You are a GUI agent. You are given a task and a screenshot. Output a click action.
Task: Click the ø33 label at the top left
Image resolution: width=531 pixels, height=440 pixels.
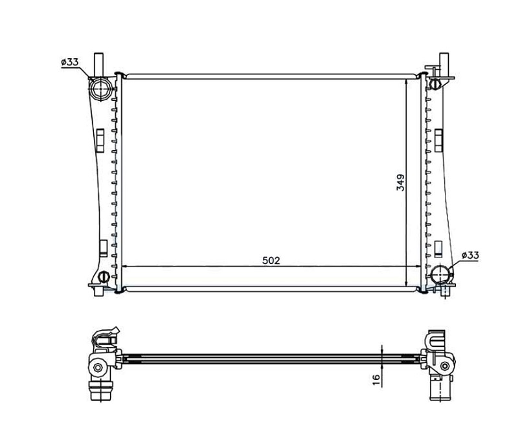tap(70, 62)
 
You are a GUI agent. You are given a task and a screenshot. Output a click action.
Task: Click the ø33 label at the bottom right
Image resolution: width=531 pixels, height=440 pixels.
tap(470, 255)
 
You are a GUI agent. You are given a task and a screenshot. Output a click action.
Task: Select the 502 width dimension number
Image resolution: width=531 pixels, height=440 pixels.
tap(271, 261)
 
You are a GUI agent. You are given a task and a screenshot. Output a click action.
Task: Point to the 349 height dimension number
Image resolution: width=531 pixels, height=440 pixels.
tap(401, 182)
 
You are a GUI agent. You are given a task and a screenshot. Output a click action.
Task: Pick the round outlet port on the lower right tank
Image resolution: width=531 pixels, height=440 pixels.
tap(440, 274)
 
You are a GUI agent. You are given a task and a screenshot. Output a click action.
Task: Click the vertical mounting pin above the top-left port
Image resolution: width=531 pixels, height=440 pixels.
tap(98, 65)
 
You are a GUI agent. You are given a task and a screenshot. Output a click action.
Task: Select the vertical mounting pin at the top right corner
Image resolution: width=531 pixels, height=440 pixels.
tap(444, 65)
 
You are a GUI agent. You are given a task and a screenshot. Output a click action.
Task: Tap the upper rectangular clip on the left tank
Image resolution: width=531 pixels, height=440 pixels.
tap(100, 140)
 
